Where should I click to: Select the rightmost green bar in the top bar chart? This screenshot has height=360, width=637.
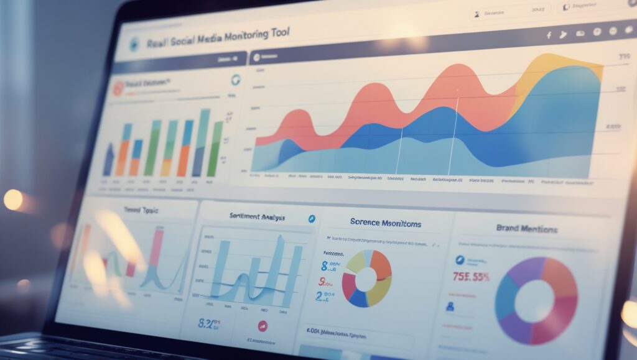[x=215, y=149]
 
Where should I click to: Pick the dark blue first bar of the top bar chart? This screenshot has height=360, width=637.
[x=109, y=160]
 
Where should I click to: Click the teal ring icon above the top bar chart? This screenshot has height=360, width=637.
[x=236, y=80]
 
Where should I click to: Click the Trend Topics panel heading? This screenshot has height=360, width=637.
[x=141, y=211]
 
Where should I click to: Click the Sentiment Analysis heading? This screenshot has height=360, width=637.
[x=257, y=217]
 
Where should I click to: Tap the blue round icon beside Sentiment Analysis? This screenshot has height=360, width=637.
[x=312, y=219]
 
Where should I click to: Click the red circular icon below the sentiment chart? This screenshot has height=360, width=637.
[x=263, y=325]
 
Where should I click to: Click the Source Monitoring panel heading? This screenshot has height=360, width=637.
[x=386, y=223]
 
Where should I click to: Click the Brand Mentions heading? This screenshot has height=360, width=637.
[x=526, y=229]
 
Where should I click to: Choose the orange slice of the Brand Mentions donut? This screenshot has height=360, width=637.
[x=559, y=274]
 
